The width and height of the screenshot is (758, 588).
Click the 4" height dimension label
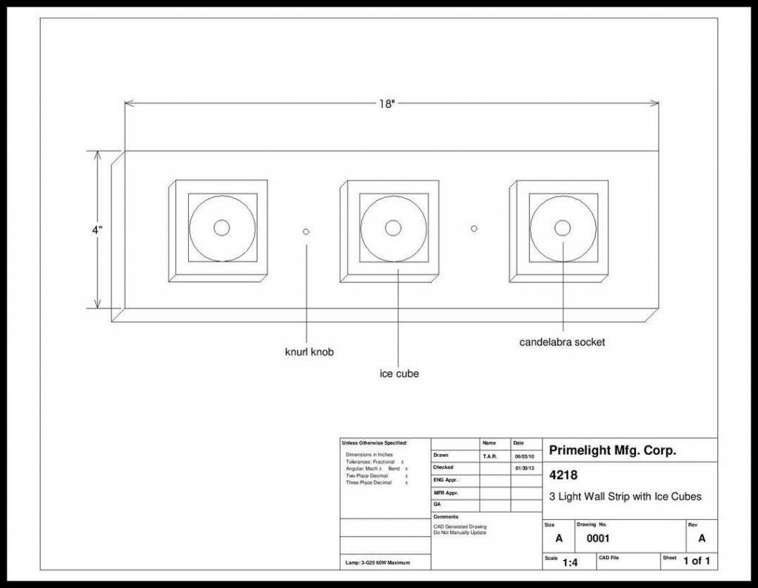coord(97,230)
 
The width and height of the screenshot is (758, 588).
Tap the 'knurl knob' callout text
coord(309,352)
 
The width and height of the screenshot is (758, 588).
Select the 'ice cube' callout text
coord(399,374)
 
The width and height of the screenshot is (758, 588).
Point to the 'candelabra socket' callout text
coord(562,342)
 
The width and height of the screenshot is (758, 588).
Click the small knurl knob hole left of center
coord(306,232)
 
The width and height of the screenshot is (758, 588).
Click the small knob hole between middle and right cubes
coord(474,229)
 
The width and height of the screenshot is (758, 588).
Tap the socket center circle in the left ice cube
coord(221,228)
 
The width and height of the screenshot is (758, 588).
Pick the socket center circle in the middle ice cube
coord(393,227)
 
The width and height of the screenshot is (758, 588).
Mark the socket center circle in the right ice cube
coord(563,227)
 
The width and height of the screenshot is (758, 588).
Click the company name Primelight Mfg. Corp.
coord(613,450)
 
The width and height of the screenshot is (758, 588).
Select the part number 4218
coord(564,476)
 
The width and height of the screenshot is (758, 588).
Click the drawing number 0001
coord(598,538)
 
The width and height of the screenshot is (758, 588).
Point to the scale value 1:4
coord(570,563)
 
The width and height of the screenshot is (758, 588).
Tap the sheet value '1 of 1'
coord(697,561)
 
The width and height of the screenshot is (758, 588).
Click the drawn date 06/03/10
coord(524,456)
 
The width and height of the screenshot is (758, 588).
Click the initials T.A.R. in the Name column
coord(490,456)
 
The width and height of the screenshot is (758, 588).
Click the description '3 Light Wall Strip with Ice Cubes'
coord(625,496)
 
